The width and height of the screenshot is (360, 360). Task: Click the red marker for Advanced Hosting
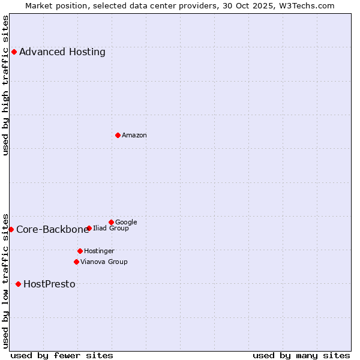[14, 52]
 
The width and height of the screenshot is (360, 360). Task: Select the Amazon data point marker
[118, 135]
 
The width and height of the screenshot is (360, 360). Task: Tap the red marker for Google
[111, 222]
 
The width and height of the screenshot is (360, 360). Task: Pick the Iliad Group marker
[89, 228]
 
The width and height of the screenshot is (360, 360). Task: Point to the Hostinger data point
[80, 251]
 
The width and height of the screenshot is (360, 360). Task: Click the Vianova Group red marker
[76, 262]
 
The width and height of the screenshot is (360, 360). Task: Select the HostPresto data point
[18, 284]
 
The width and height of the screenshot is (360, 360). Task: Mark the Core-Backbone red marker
[11, 229]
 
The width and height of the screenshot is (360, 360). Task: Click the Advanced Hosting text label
[62, 52]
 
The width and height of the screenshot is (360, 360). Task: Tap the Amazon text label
[134, 135]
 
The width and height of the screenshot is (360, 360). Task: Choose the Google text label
[126, 222]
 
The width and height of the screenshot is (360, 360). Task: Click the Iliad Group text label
[111, 228]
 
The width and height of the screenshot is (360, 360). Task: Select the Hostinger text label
[99, 251]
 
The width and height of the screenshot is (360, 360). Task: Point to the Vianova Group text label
[104, 262]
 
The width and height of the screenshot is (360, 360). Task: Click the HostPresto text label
[49, 284]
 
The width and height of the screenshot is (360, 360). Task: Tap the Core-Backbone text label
[52, 229]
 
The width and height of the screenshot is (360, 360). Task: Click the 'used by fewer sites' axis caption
[62, 355]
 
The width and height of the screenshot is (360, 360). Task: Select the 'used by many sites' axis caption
[301, 355]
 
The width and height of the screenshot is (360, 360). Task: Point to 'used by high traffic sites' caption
[6, 85]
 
